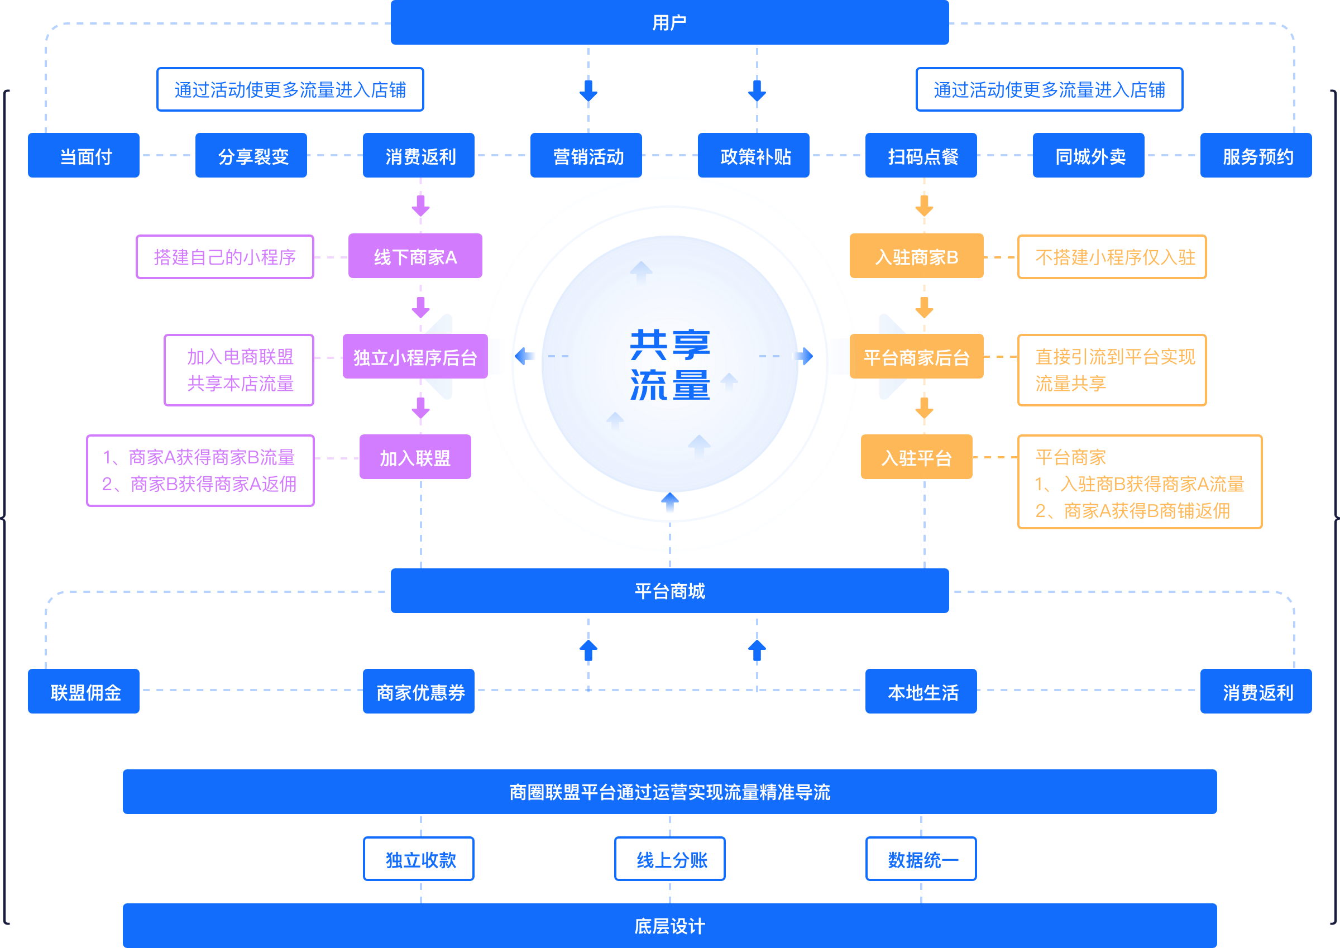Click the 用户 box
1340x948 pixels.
click(669, 22)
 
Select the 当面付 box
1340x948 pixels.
click(83, 155)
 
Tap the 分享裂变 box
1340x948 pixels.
click(251, 155)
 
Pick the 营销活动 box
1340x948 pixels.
click(586, 155)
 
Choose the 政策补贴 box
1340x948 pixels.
click(753, 155)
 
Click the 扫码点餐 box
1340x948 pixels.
click(921, 155)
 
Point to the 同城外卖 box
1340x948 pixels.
click(1088, 155)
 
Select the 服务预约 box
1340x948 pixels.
click(1256, 155)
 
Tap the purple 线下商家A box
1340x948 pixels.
click(415, 256)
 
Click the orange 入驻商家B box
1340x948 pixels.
click(916, 256)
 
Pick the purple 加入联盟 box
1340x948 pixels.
click(415, 457)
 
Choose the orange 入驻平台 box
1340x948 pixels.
click(916, 457)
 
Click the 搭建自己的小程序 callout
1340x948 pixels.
click(224, 257)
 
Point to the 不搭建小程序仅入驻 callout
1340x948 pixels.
click(1112, 257)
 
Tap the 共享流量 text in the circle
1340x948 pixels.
click(669, 364)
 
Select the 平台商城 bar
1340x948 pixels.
click(669, 591)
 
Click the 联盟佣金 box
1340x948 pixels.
click(83, 691)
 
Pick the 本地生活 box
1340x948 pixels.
click(921, 691)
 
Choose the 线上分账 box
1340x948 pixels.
click(669, 859)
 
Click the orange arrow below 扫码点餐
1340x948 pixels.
click(924, 205)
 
